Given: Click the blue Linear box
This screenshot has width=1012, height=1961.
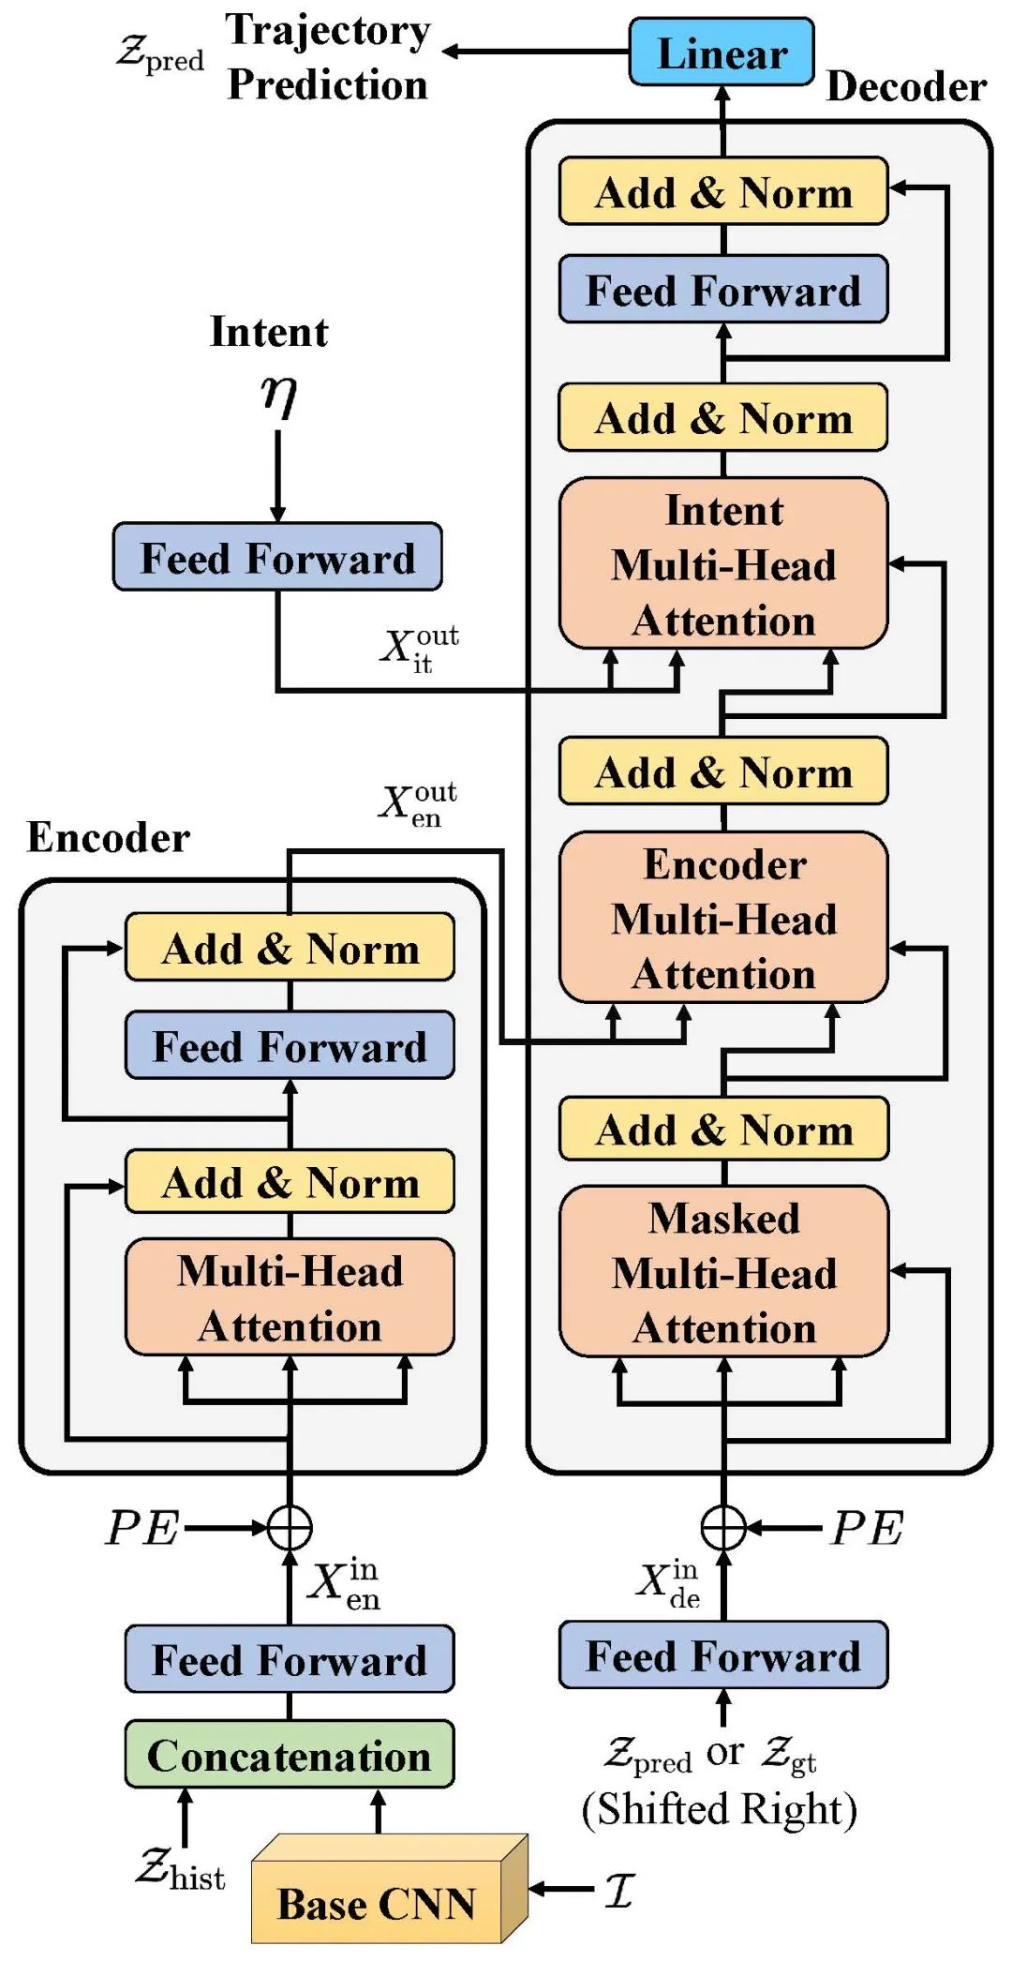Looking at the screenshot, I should [x=722, y=52].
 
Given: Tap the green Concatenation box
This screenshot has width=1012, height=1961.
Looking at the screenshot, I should [x=290, y=1755].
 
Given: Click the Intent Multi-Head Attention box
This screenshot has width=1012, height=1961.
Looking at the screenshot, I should [x=723, y=564].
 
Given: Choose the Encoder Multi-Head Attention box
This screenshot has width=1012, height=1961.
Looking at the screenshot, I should [x=723, y=919].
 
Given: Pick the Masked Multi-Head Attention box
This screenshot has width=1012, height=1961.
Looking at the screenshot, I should [x=723, y=1272].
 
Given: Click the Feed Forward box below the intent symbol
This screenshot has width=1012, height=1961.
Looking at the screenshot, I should [x=277, y=558].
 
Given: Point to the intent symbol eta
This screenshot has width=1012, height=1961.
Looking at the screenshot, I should [x=278, y=396].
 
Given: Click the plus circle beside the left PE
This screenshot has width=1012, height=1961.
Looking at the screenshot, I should [x=290, y=1528].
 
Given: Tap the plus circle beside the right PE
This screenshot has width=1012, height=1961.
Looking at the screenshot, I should [x=723, y=1528].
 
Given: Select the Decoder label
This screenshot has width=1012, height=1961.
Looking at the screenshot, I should [x=905, y=87].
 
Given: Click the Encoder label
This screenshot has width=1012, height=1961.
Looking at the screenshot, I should [x=108, y=837].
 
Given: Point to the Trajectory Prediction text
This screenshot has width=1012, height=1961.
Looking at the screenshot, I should [x=328, y=56].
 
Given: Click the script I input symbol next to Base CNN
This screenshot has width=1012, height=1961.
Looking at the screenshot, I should [x=619, y=1890].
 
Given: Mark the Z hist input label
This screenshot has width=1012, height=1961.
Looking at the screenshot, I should [x=181, y=1869].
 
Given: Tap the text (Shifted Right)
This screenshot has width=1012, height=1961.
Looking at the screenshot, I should [x=719, y=1809].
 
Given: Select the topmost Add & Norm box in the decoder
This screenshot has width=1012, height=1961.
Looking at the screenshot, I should [x=723, y=192].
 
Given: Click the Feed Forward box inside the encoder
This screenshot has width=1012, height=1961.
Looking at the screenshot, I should [x=290, y=1046].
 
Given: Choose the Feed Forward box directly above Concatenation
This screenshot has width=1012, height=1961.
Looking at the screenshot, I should [x=290, y=1659].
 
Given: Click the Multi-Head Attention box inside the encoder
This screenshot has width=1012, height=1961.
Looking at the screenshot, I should [x=290, y=1298].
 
